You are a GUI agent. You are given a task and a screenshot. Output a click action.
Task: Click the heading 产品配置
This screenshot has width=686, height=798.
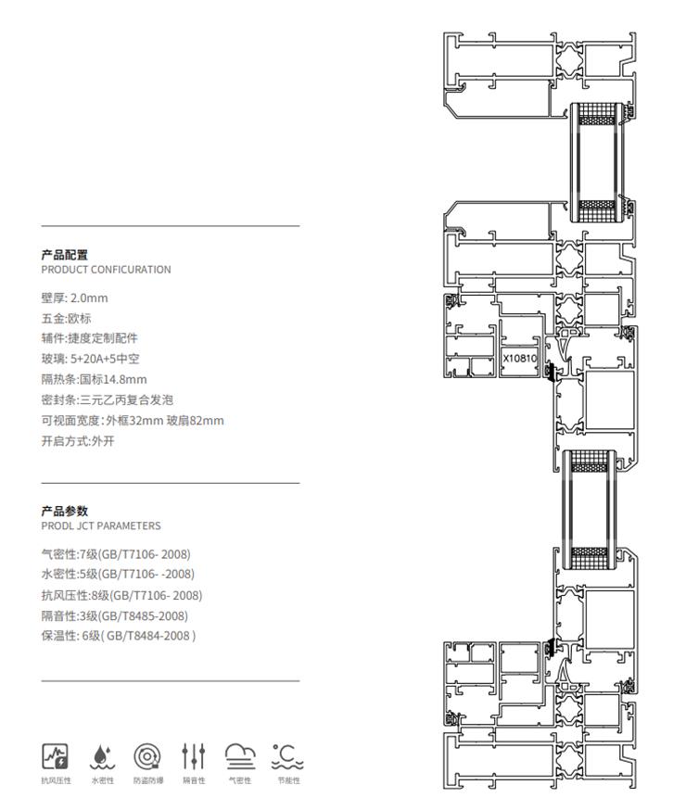65,254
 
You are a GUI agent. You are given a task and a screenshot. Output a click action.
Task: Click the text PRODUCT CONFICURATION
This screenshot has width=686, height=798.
107,270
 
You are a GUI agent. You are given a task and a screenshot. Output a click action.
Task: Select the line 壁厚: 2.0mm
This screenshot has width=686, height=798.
75,298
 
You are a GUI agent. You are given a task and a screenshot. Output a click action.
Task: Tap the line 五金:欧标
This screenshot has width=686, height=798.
67,318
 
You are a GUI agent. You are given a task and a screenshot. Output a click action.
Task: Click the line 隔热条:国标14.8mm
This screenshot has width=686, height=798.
95,379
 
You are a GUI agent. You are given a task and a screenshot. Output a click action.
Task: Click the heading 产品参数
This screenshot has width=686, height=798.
65,511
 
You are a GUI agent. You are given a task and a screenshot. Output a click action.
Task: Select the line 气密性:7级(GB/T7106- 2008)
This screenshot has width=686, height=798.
116,554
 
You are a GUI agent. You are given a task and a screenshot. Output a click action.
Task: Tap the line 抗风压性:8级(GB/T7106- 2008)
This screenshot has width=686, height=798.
121,595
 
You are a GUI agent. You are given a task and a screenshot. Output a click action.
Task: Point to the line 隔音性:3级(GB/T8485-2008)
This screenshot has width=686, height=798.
115,615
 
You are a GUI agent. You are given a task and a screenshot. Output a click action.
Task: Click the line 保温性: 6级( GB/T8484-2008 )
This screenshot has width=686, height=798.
119,636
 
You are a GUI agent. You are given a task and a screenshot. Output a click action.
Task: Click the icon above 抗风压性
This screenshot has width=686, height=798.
56,756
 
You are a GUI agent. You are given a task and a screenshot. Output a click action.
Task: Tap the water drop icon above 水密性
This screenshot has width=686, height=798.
101,756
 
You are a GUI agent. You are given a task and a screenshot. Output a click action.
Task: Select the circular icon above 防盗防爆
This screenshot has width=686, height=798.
147,756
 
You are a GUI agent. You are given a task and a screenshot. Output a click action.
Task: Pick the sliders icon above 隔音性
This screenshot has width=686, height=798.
194,756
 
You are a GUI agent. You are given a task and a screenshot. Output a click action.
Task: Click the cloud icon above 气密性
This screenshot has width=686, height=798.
239,756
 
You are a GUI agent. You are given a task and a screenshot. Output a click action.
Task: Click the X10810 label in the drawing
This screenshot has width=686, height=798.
519,356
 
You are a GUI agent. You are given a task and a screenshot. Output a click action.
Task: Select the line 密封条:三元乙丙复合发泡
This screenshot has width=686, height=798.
108,399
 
